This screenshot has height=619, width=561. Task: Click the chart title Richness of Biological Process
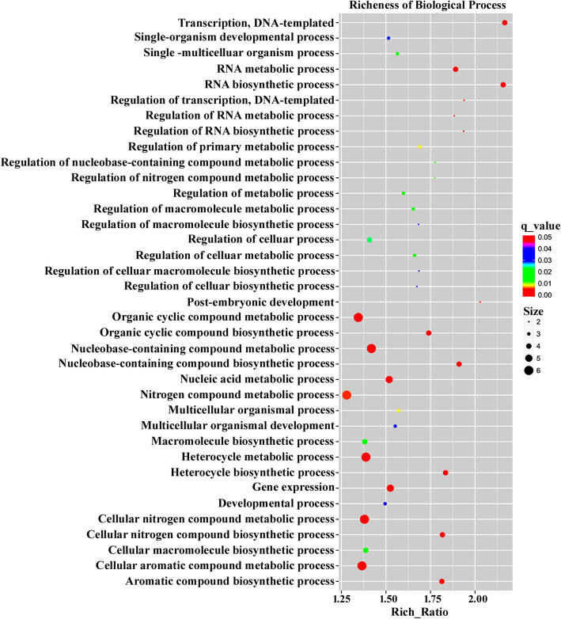pyautogui.click(x=425, y=6)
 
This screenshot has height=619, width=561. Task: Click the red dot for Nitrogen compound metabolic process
pyautogui.click(x=347, y=395)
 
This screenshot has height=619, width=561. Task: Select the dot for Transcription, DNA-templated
pyautogui.click(x=505, y=23)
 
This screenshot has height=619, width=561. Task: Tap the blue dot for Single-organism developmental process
pyautogui.click(x=389, y=38)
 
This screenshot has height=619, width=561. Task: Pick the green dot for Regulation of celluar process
pyautogui.click(x=370, y=240)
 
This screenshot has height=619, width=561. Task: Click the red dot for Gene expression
pyautogui.click(x=390, y=488)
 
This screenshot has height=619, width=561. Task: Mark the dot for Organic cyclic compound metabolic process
pyautogui.click(x=358, y=317)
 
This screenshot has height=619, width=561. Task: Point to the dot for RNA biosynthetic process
pyautogui.click(x=503, y=85)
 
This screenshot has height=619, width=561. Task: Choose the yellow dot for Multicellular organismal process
pyautogui.click(x=399, y=411)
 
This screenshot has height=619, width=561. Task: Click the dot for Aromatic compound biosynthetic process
pyautogui.click(x=442, y=582)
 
